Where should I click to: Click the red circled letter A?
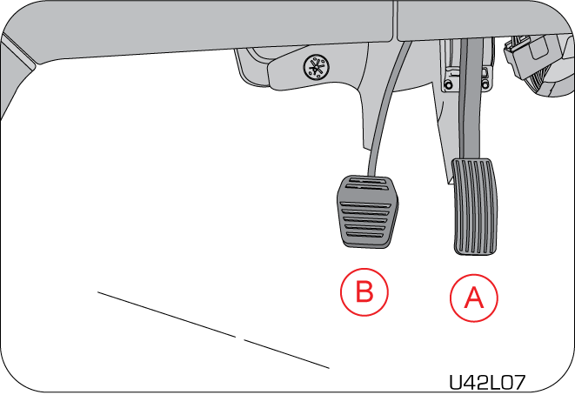tap(474, 298)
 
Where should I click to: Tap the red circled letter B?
tap(364, 292)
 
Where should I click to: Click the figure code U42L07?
tap(487, 383)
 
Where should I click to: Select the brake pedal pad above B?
tap(367, 211)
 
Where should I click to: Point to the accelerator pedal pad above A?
tap(475, 206)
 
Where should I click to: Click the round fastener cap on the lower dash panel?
tap(316, 67)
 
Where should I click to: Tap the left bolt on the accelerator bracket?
tap(448, 84)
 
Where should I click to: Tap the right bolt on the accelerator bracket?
tap(485, 84)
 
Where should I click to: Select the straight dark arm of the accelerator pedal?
tap(470, 99)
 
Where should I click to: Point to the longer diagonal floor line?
tap(166, 314)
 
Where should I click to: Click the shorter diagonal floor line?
tap(286, 353)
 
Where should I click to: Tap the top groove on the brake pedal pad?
tap(369, 180)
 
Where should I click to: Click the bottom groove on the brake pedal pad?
tap(364, 235)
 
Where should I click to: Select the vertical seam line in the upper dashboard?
tap(395, 20)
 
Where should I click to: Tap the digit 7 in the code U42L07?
tap(518, 383)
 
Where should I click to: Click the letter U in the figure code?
tap(456, 383)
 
